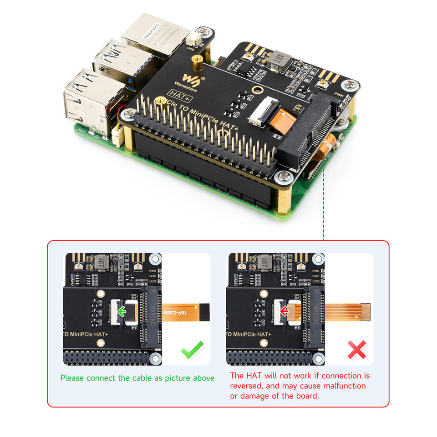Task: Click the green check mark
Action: click(192, 351)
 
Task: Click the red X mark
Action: click(356, 350)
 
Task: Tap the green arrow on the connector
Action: click(122, 311)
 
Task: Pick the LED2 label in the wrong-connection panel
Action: click(316, 282)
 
